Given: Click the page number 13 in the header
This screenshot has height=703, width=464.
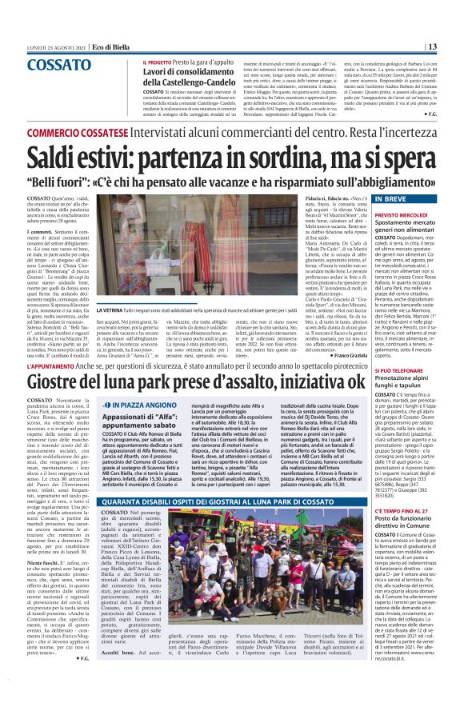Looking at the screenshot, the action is [453, 46].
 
